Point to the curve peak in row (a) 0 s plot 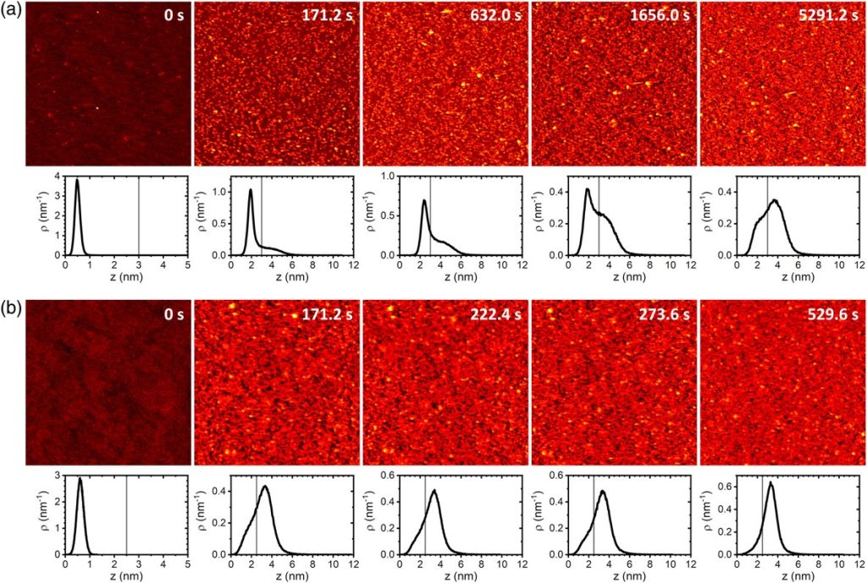click(77, 180)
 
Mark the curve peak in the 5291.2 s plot click(772, 201)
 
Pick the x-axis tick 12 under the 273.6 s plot click(691, 565)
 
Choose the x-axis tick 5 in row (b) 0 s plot click(187, 565)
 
